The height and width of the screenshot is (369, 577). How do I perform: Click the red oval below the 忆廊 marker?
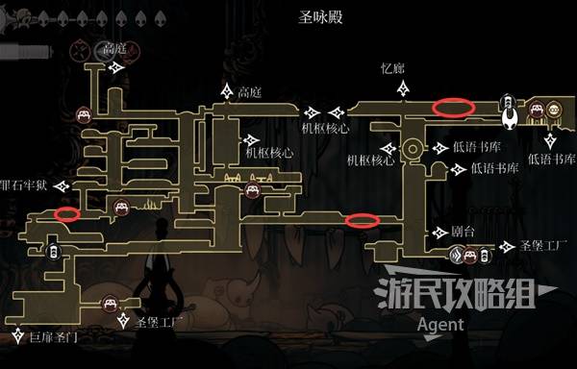pyautogui.click(x=454, y=107)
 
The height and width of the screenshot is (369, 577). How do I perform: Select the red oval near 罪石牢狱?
pyautogui.click(x=66, y=212)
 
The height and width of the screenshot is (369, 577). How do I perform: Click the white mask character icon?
pyautogui.click(x=507, y=116)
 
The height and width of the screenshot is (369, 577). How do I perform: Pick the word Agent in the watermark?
pyautogui.click(x=441, y=325)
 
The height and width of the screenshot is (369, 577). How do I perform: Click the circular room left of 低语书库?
pyautogui.click(x=413, y=149)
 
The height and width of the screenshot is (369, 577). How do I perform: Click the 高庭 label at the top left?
pyautogui.click(x=114, y=49)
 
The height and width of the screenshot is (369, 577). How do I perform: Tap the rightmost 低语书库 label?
pyautogui.click(x=551, y=158)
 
